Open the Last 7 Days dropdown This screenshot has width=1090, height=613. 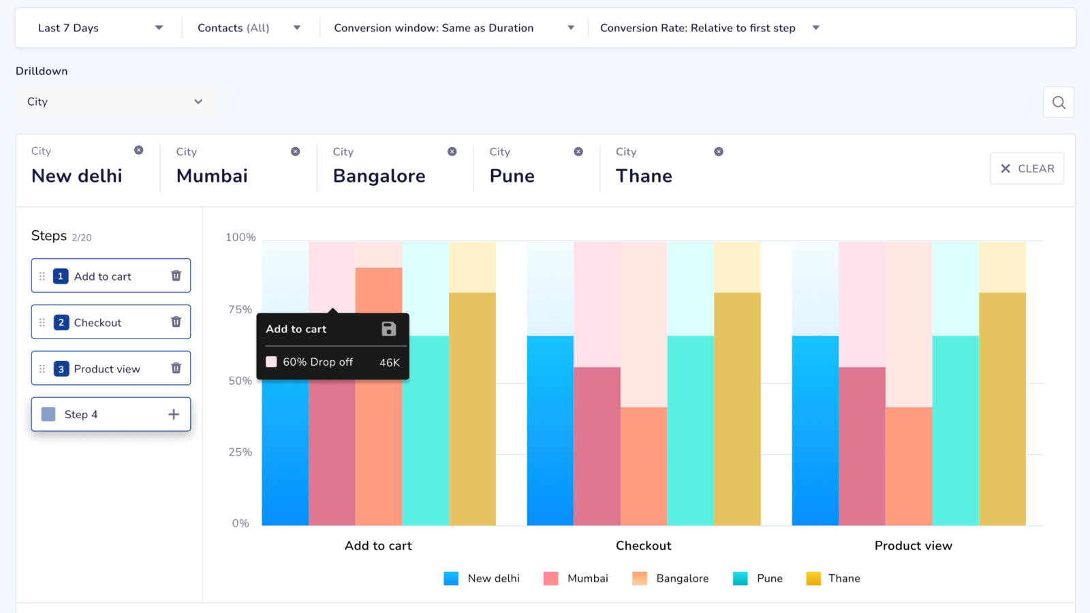99,28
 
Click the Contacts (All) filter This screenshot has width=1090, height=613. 249,28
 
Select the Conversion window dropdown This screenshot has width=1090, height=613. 454,28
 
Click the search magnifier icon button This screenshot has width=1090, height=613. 1058,102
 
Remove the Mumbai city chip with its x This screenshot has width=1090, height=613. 295,151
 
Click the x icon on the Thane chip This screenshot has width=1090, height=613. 718,151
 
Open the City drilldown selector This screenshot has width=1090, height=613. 114,101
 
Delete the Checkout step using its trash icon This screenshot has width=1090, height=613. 176,321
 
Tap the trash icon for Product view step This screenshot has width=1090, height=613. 176,368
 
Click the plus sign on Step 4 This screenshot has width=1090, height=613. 174,414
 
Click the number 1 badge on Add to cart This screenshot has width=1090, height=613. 61,276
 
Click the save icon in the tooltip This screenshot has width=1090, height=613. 388,329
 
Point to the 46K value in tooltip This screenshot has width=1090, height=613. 389,362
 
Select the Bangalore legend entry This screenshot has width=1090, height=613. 671,578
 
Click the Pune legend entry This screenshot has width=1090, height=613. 758,578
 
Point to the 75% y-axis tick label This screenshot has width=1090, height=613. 240,309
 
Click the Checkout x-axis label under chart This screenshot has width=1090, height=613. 643,546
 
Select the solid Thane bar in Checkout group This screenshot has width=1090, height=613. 737,409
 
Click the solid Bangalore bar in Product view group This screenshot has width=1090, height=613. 909,467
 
